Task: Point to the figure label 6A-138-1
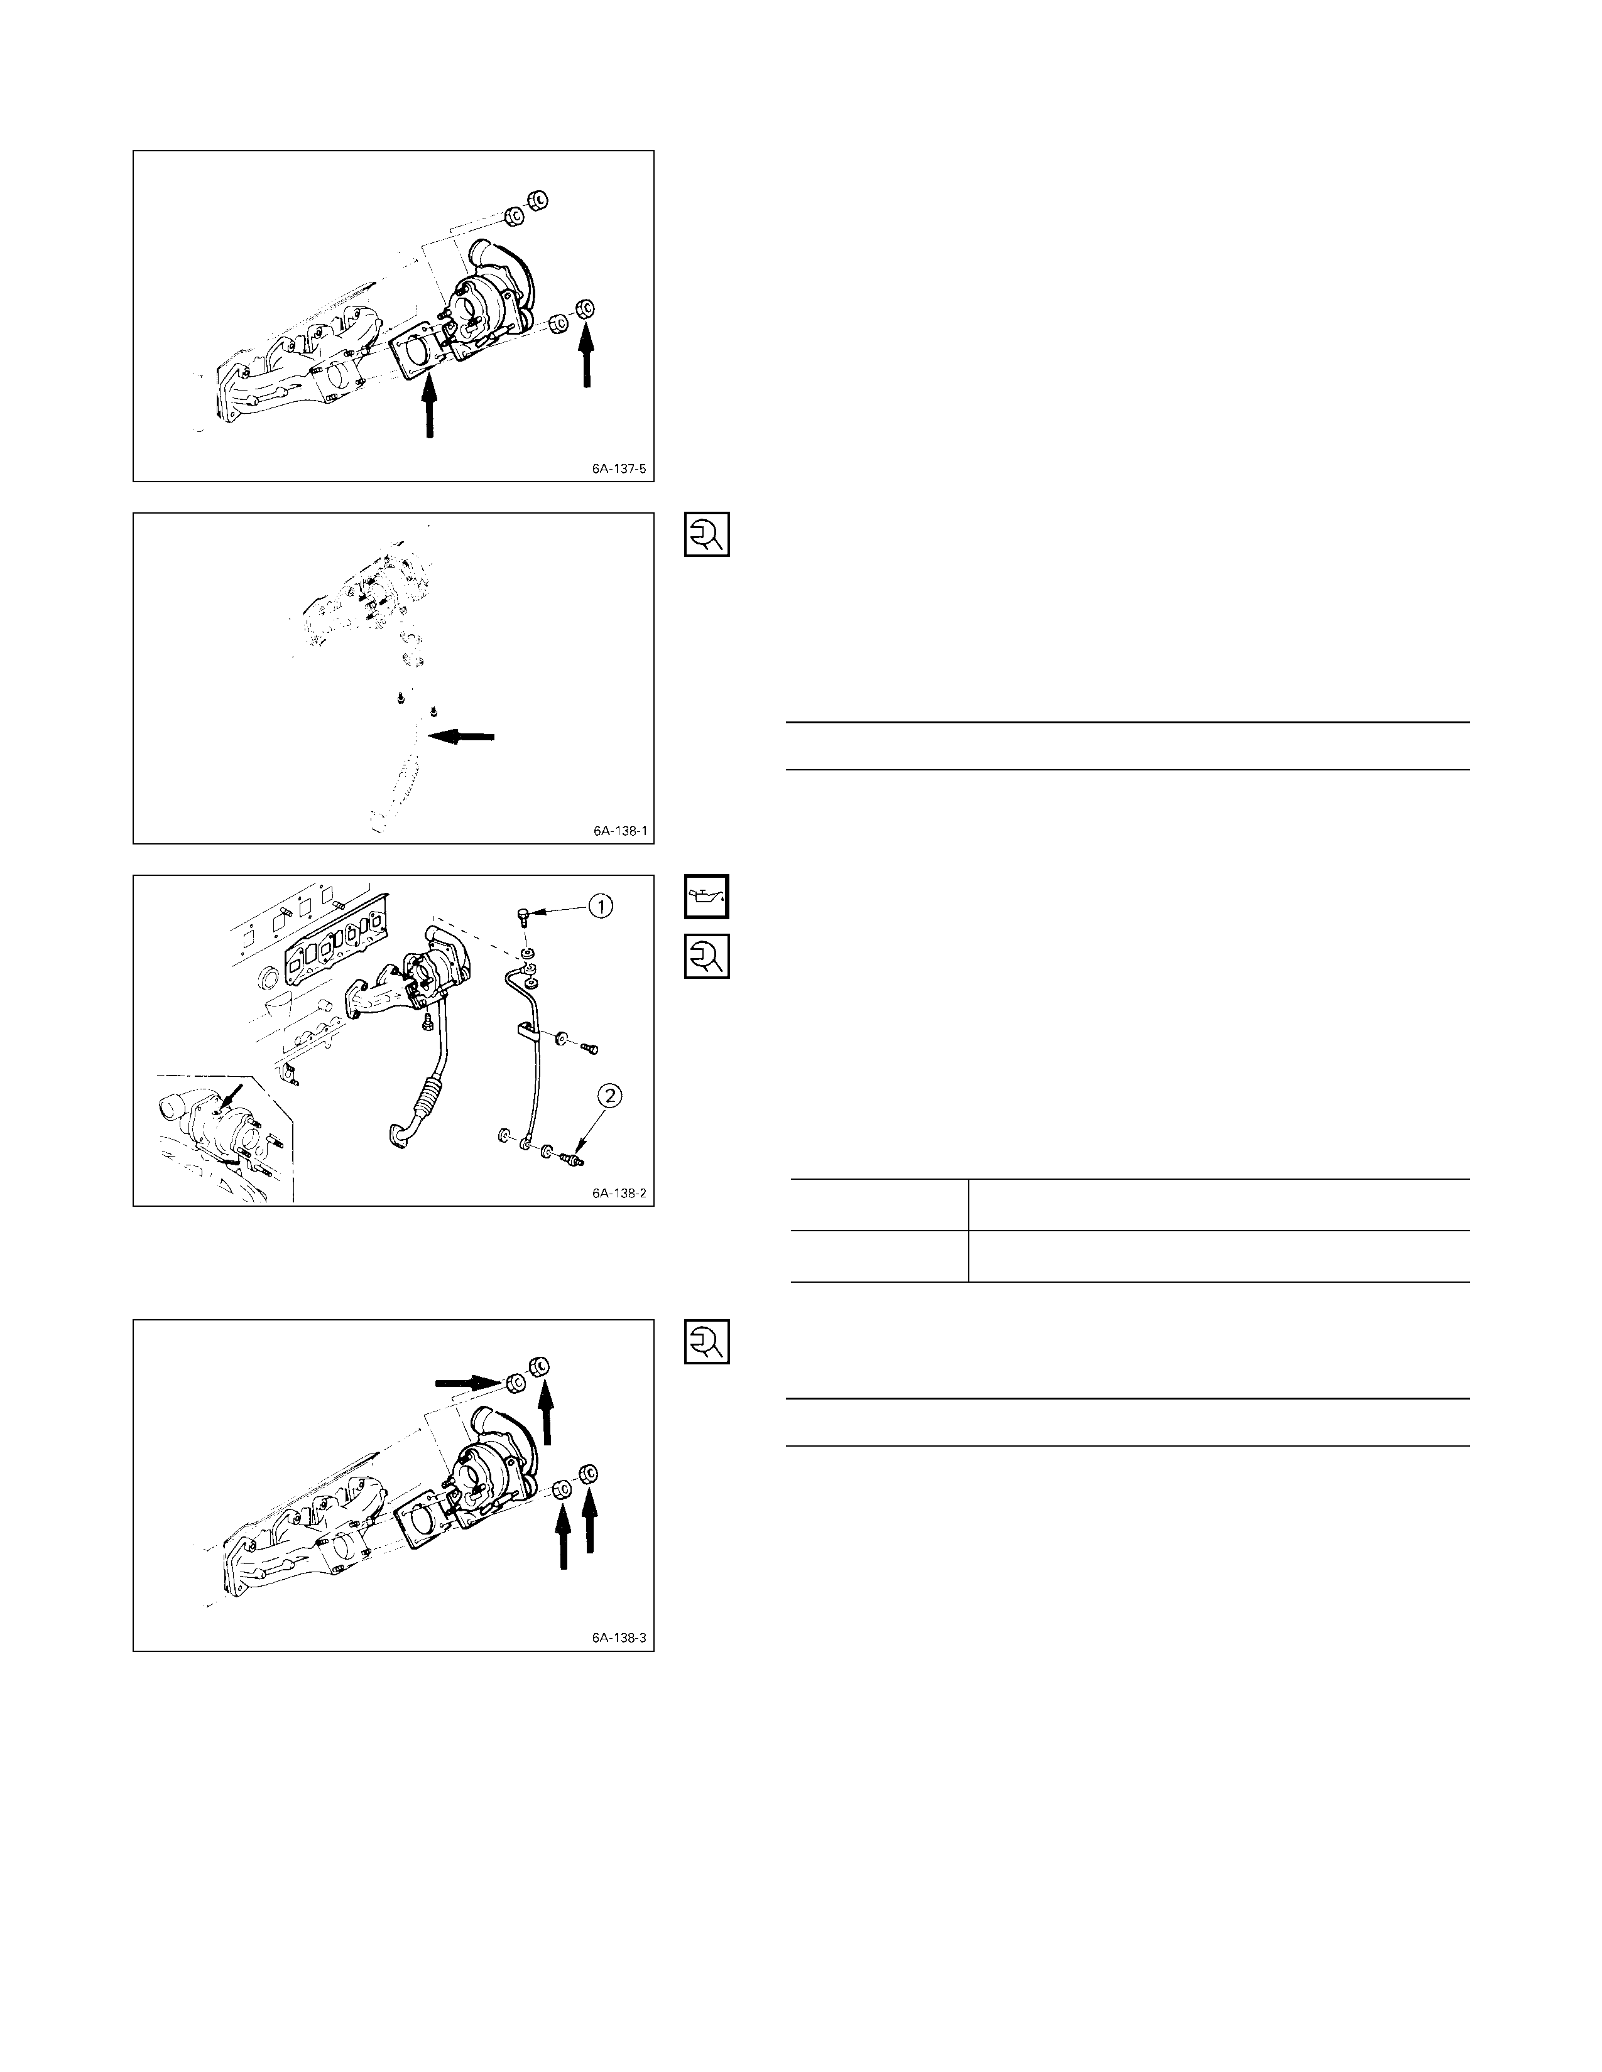pos(619,831)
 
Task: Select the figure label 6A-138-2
pos(619,1192)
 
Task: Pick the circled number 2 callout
pos(610,1098)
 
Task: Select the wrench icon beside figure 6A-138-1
pos(707,534)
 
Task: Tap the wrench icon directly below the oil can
pos(707,956)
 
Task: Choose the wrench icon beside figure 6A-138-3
pos(707,1342)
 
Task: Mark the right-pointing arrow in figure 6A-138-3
pos(467,1383)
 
